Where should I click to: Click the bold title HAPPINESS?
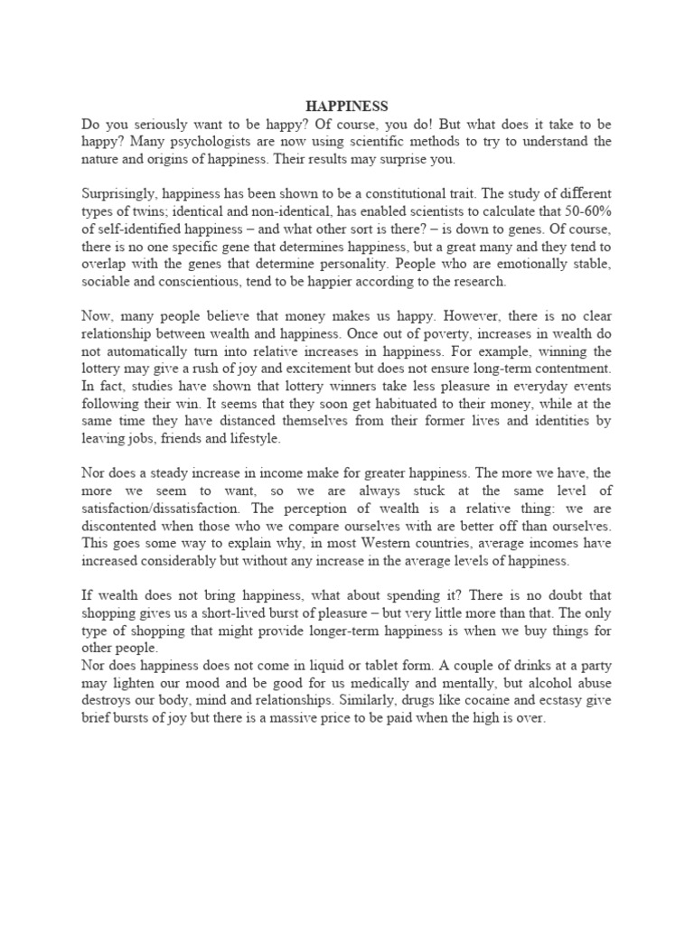346,107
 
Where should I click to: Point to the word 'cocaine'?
468,701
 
